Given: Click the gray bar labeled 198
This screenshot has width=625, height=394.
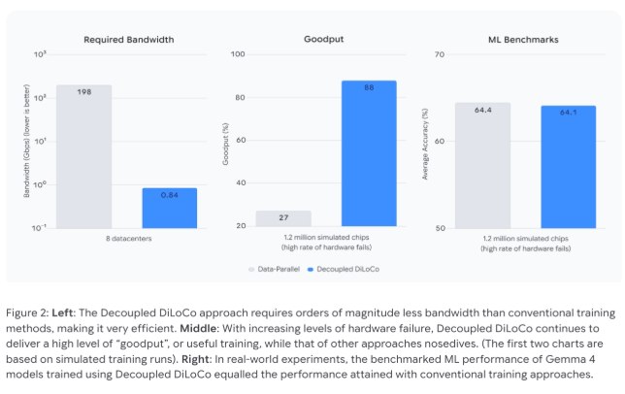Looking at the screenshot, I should point(84,155).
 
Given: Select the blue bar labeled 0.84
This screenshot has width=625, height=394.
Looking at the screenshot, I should point(169,207).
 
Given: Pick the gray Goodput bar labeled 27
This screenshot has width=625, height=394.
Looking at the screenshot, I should point(283,218).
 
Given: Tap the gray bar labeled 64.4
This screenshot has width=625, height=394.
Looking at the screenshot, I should point(482,165).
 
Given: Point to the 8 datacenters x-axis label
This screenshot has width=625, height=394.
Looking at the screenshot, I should point(126,238).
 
